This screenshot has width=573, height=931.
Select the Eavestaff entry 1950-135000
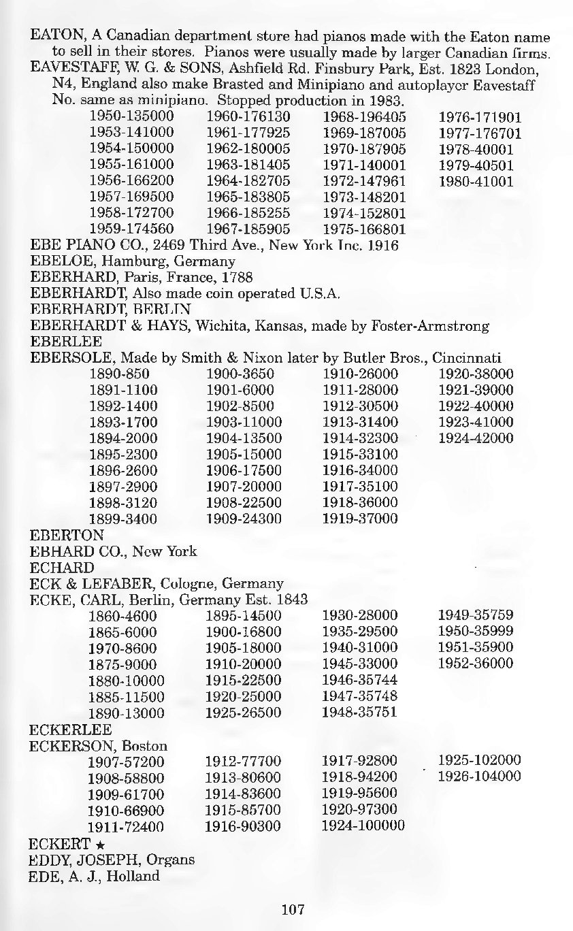(x=132, y=116)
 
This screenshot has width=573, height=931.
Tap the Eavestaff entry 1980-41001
(x=476, y=182)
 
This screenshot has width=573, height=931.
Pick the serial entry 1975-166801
(x=364, y=229)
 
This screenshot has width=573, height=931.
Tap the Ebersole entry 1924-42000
(x=476, y=438)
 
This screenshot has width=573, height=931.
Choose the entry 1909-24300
(x=244, y=519)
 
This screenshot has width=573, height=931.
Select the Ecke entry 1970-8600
(x=123, y=648)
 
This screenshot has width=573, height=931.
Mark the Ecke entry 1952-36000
(x=476, y=664)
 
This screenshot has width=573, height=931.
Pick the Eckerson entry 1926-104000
(x=480, y=777)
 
